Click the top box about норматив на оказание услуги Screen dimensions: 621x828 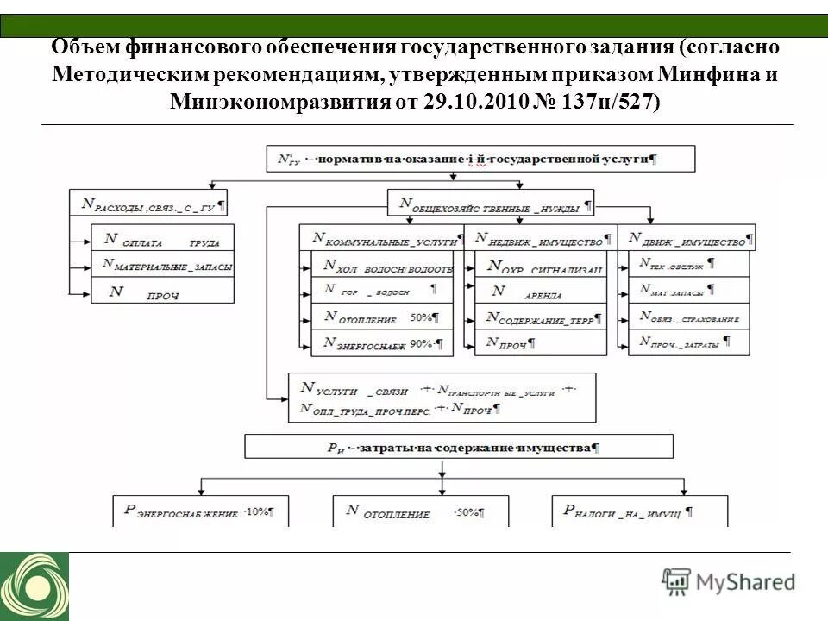(467, 159)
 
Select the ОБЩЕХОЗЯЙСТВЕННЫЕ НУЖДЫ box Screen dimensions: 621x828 (491, 204)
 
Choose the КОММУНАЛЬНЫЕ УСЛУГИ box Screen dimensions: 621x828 (380, 237)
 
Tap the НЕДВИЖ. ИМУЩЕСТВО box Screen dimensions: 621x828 (541, 237)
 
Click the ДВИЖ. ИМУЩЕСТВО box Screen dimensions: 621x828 (687, 237)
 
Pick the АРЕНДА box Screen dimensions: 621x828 (539, 292)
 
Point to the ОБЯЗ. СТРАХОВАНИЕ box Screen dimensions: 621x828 (688, 317)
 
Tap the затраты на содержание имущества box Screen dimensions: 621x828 (459, 447)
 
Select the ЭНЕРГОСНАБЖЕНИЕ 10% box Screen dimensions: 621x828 (201, 511)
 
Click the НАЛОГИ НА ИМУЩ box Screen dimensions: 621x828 (639, 511)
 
